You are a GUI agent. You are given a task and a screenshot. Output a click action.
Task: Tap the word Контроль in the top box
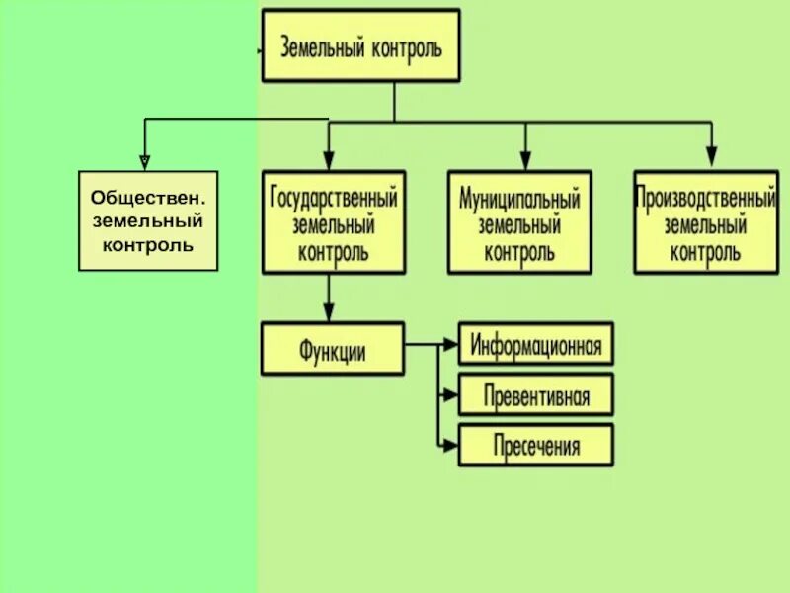coord(407,46)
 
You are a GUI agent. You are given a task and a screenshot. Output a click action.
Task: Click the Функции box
coord(333,349)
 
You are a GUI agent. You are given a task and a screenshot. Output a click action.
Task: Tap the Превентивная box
coord(536,395)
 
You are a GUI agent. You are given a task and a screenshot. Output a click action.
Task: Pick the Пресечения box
coord(536,446)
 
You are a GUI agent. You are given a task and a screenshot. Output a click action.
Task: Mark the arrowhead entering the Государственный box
coord(329,159)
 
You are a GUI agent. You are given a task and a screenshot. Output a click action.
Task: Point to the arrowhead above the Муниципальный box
coord(526,159)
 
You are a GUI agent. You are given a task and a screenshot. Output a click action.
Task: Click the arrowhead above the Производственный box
coord(710,159)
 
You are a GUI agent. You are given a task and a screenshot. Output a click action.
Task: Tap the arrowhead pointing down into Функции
coord(329,310)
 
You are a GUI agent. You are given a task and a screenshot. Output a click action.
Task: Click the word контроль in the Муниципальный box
coord(519,251)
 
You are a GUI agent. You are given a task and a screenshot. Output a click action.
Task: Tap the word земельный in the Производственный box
coord(705,225)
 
